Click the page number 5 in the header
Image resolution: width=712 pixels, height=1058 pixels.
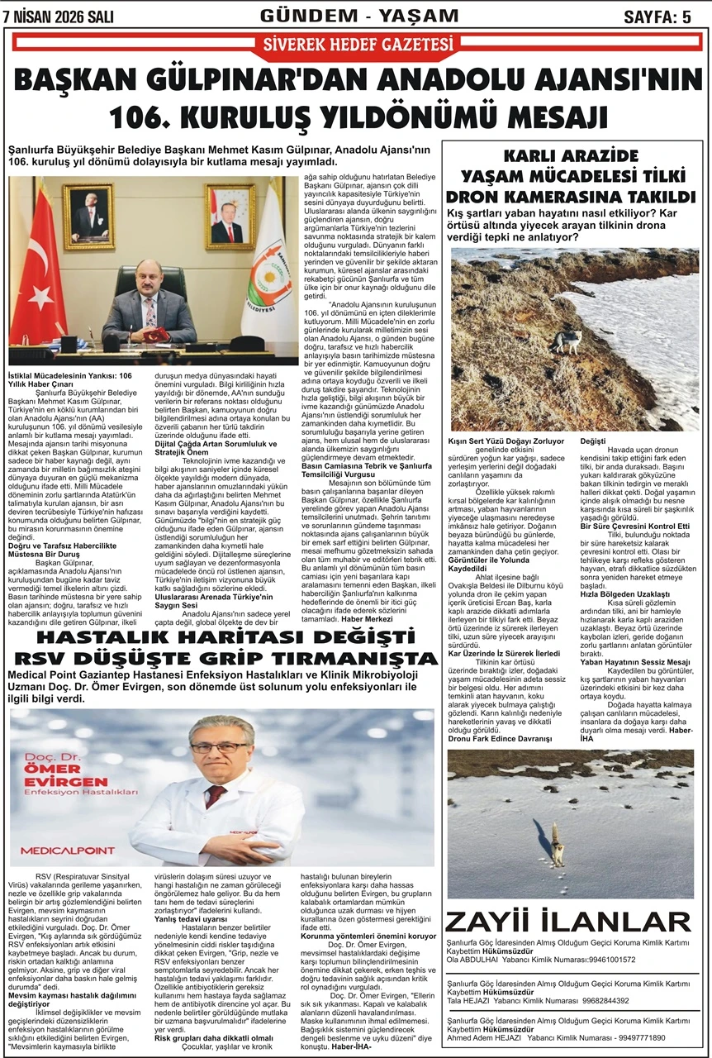pyautogui.click(x=686, y=17)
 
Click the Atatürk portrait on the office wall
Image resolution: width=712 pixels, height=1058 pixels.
pyautogui.click(x=88, y=217)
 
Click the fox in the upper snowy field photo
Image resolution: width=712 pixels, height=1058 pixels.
pyautogui.click(x=569, y=340)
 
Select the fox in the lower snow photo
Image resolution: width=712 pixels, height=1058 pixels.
pyautogui.click(x=556, y=842)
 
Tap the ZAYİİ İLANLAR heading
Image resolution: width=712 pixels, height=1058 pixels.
pyautogui.click(x=568, y=922)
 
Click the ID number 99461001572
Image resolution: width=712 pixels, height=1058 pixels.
pyautogui.click(x=601, y=960)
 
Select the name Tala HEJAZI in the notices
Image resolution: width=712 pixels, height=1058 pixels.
pyautogui.click(x=468, y=1001)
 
